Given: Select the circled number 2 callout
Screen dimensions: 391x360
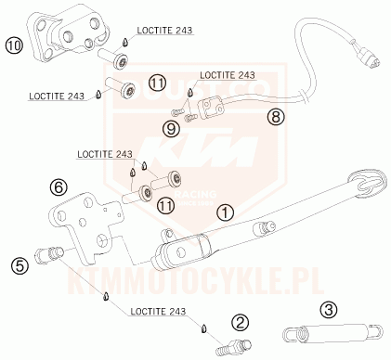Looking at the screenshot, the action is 241,323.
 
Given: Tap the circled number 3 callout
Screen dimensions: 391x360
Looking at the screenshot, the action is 328,309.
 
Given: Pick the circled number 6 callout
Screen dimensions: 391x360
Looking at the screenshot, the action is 59,186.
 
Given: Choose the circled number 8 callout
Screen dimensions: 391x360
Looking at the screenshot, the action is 274,117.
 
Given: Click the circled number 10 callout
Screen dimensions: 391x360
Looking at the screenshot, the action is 13,44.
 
